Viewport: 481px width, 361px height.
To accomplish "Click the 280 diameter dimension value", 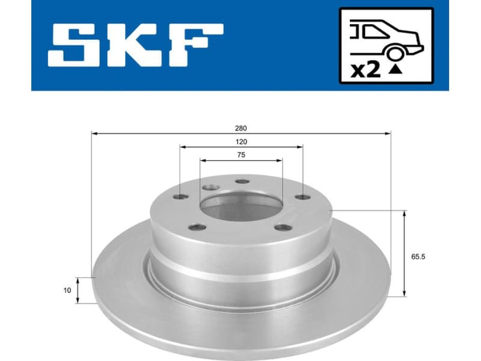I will [x=240, y=128].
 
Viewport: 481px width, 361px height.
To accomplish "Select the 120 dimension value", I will [x=240, y=141].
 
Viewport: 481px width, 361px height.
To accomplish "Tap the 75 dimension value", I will [x=240, y=155].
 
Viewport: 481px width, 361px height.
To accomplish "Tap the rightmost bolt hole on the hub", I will [x=301, y=197].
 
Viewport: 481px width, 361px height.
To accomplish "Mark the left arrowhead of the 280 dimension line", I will [x=94, y=133].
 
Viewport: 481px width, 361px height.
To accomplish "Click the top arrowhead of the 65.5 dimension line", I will [x=405, y=213].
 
